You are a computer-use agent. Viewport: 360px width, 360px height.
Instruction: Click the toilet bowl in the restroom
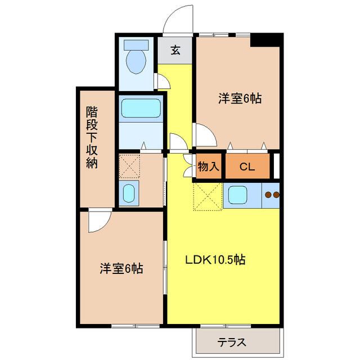click(136, 61)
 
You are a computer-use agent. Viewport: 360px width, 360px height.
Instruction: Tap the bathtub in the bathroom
click(141, 108)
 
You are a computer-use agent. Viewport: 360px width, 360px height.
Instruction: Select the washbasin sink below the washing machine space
click(129, 193)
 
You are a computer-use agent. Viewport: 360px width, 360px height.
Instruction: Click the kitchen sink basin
click(238, 195)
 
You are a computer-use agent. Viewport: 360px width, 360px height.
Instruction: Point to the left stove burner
click(268, 195)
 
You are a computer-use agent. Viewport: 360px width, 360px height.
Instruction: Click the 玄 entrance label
click(175, 50)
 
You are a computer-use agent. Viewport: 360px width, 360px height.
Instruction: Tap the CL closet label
click(247, 167)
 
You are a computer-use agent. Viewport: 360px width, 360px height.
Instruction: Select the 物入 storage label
click(209, 166)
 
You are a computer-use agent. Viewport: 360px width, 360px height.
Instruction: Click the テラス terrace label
click(232, 343)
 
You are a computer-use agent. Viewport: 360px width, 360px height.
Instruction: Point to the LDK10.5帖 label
click(215, 260)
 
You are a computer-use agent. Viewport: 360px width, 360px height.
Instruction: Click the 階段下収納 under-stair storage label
click(92, 137)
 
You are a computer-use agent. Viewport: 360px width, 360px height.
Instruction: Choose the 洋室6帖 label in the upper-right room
click(240, 98)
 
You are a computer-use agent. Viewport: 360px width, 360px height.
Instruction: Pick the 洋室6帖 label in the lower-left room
click(121, 268)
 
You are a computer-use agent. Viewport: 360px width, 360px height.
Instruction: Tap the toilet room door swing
click(164, 82)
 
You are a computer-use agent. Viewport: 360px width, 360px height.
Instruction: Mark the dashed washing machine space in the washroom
click(129, 166)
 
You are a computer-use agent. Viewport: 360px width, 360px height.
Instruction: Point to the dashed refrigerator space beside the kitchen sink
click(208, 196)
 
